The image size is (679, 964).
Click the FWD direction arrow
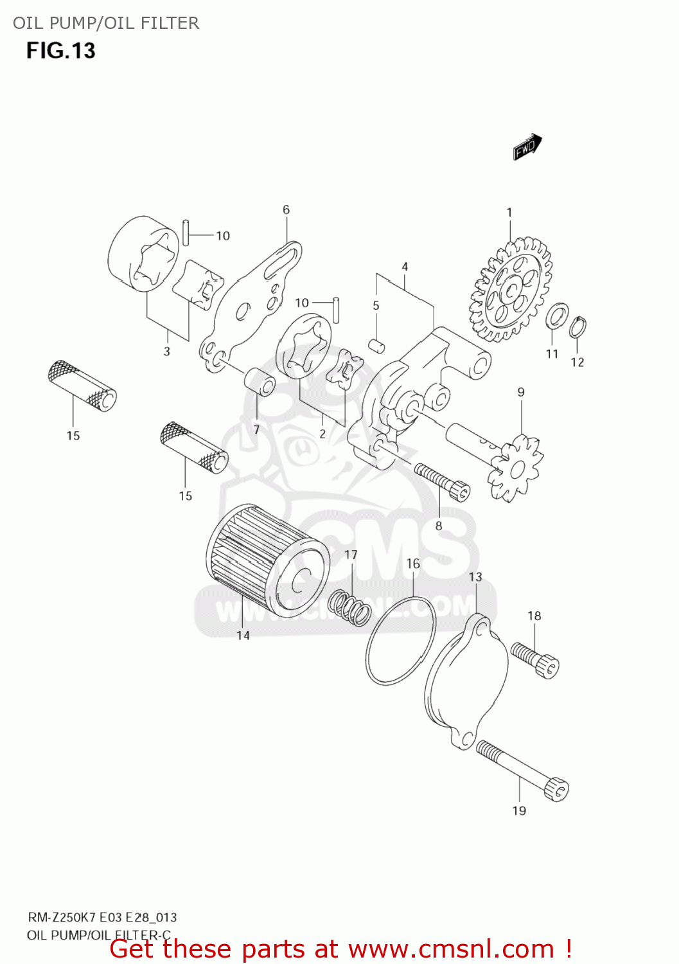527,147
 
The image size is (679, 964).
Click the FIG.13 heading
60,51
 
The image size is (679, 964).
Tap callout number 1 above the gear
509,212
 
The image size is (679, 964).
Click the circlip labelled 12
578,326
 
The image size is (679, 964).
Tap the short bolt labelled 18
535,659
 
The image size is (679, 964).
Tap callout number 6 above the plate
286,210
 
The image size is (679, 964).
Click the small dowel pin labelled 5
376,344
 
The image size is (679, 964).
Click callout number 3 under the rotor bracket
167,351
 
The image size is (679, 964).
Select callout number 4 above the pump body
405,266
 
